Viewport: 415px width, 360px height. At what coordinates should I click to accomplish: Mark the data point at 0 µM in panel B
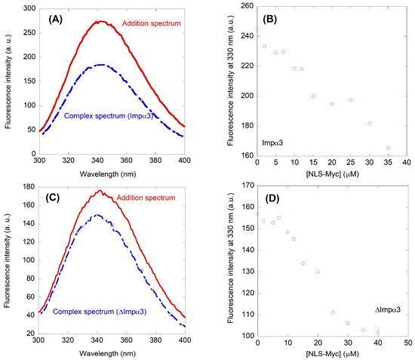click(257, 29)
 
